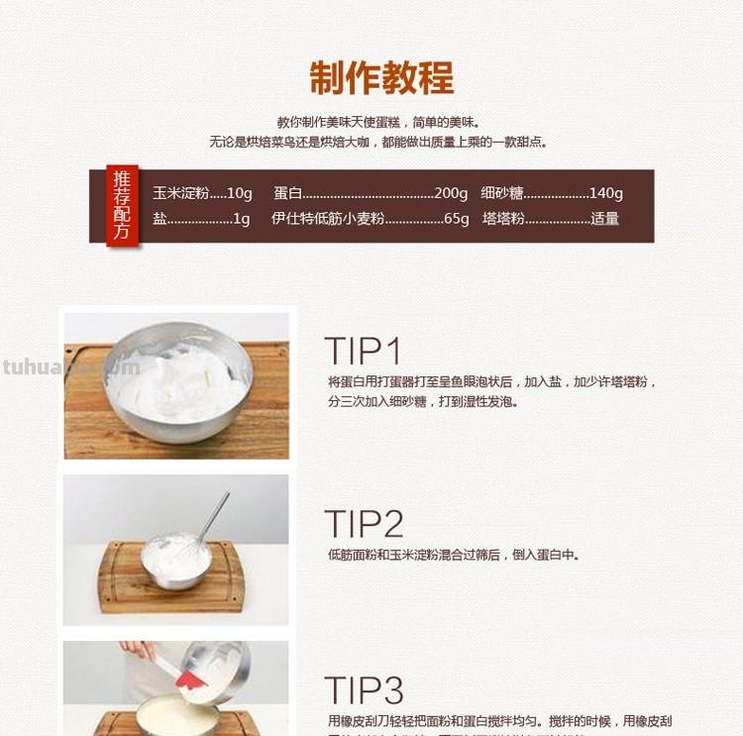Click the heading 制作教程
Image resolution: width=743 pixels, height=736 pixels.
(381, 77)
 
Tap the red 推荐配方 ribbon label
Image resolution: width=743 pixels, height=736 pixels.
(122, 206)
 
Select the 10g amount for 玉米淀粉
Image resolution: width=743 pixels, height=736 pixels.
(240, 193)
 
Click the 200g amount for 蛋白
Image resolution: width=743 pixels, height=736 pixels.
(451, 193)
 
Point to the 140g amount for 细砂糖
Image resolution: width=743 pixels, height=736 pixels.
(605, 193)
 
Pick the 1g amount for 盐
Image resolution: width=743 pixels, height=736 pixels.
(242, 219)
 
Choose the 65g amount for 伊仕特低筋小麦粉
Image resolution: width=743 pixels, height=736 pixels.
(457, 219)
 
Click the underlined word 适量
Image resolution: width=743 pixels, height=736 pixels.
(605, 219)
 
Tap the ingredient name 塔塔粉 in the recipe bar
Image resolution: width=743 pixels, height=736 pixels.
(503, 219)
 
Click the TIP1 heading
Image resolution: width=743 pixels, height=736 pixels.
(364, 352)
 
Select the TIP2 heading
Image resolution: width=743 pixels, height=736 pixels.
(364, 524)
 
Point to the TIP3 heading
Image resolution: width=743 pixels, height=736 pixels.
(364, 690)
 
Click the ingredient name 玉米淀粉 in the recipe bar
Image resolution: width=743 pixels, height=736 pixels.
(180, 193)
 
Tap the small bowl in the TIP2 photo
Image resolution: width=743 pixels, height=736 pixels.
(176, 562)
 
